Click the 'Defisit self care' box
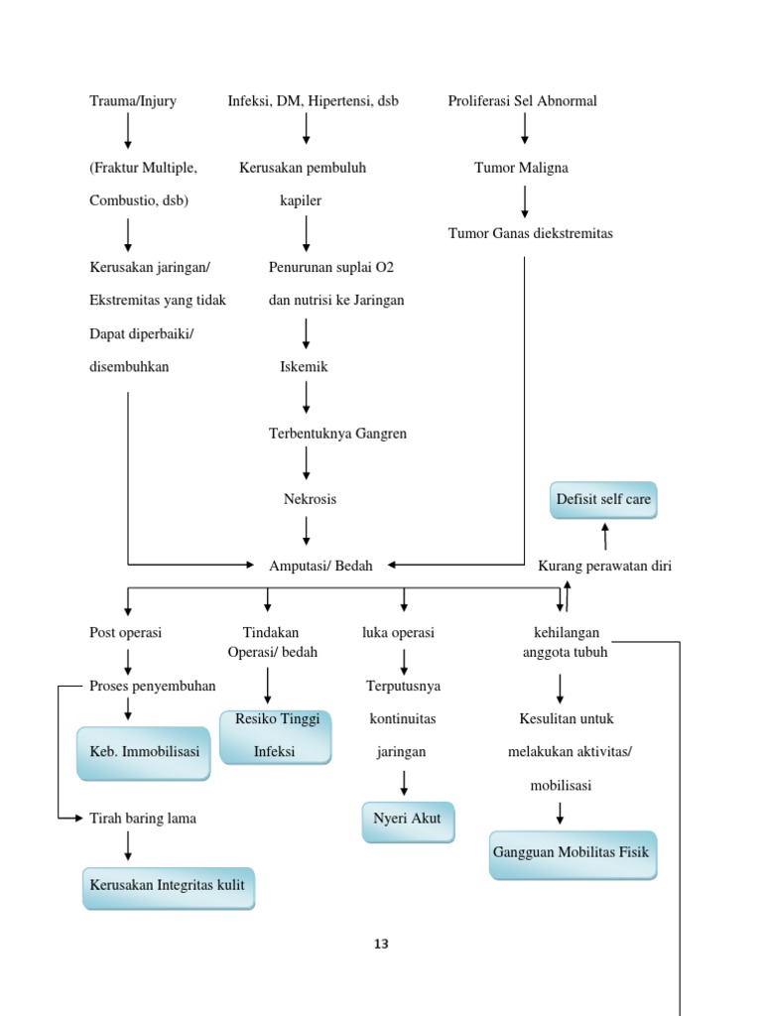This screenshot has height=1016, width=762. click(603, 500)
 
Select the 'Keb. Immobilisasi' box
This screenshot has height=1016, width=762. click(143, 752)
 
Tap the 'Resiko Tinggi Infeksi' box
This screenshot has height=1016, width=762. click(275, 736)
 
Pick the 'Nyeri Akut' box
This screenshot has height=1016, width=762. click(408, 821)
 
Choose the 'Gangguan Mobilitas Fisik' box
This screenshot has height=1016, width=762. click(572, 853)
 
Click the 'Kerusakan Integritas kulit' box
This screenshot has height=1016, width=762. click(168, 885)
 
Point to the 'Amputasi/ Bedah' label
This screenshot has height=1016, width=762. click(321, 566)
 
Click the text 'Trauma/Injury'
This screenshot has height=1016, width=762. click(133, 101)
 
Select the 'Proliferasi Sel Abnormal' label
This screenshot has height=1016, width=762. click(522, 101)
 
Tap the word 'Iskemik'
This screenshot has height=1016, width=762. click(304, 367)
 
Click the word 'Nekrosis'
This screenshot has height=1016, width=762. click(310, 499)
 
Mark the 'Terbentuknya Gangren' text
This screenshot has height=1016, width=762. click(337, 434)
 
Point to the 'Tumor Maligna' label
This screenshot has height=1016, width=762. click(521, 168)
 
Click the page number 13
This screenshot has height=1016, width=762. click(381, 945)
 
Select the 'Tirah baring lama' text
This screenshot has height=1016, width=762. click(143, 819)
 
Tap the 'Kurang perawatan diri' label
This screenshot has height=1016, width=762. click(604, 566)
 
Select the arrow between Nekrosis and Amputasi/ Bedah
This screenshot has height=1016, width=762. click(307, 531)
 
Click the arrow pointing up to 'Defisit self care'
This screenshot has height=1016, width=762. click(604, 536)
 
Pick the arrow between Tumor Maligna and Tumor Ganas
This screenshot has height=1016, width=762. click(525, 200)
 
